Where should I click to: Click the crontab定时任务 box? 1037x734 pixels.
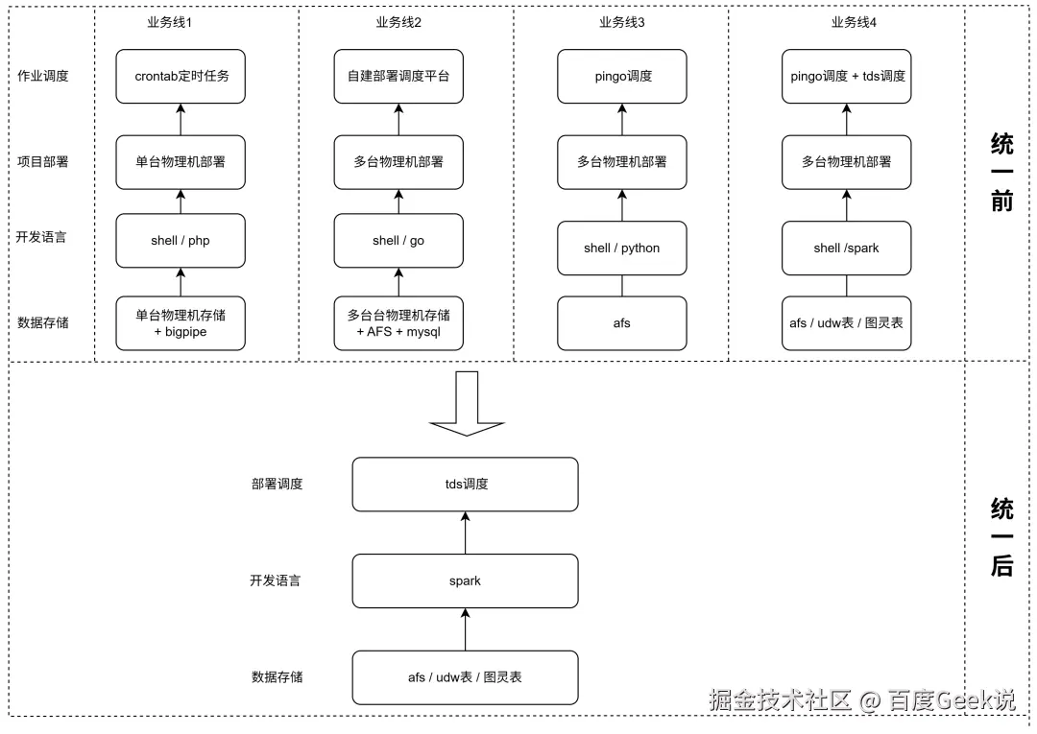181,76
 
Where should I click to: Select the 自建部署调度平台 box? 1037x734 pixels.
398,76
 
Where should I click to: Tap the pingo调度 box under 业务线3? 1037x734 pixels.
622,76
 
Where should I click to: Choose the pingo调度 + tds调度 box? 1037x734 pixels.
846,76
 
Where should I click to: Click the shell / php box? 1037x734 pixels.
181,240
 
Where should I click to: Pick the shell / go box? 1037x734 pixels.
398,240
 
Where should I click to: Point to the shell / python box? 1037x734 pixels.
622,248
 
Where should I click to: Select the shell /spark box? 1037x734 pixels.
846,248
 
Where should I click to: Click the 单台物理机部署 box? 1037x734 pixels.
181,162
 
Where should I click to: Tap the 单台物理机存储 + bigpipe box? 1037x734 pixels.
181,322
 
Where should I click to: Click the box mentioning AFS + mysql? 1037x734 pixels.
398,322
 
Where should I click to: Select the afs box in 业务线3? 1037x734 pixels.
622,322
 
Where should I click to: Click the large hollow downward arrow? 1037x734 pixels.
466,403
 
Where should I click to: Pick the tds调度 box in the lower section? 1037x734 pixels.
466,484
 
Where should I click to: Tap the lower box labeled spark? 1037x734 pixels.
466,580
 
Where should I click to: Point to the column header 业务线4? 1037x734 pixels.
854,22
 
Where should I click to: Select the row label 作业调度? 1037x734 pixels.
43,76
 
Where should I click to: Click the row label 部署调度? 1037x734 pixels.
277,484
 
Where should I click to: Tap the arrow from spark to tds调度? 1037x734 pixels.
466,533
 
